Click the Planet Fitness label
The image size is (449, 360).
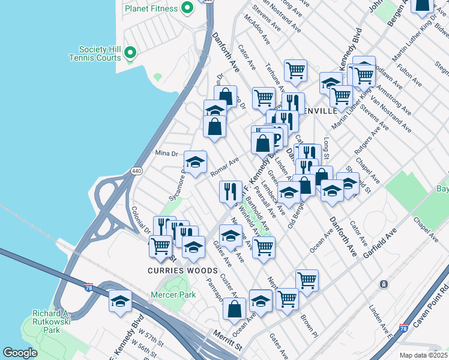tap(151, 8)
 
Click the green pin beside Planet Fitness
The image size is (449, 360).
tap(186, 8)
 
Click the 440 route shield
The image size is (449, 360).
tap(137, 170)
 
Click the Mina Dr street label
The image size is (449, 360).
tap(167, 154)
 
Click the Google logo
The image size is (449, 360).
tap(20, 353)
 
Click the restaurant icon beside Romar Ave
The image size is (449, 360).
tap(231, 191)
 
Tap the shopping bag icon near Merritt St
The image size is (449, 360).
tap(234, 309)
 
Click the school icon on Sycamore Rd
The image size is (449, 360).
tap(195, 162)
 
